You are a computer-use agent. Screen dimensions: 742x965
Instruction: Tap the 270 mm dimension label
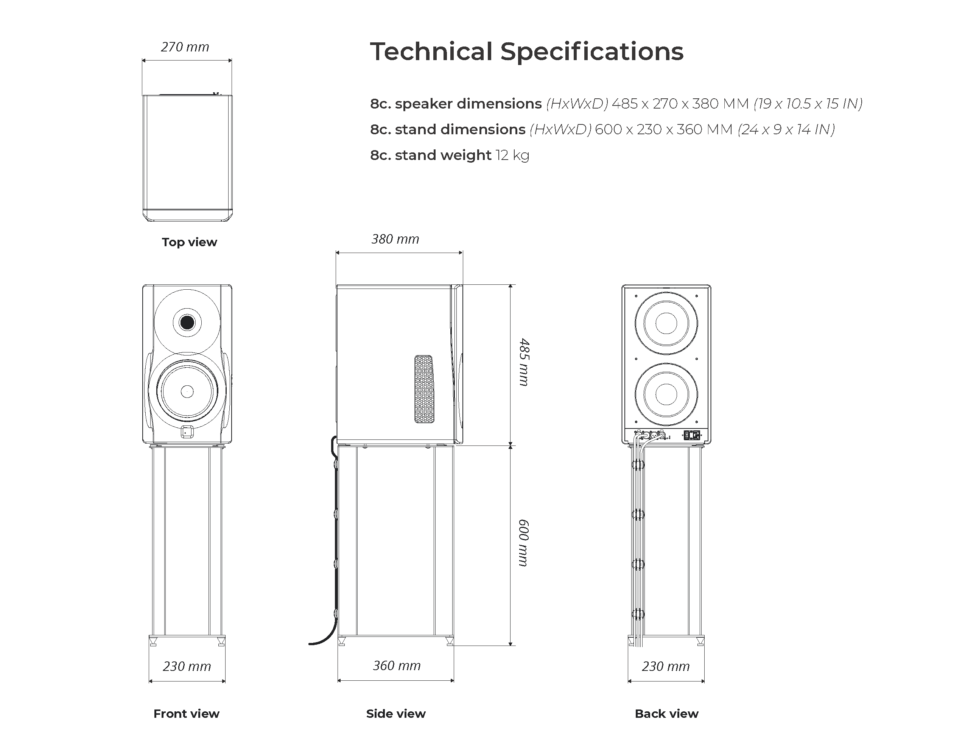[185, 47]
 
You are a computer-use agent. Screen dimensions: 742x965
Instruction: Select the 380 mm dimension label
[395, 239]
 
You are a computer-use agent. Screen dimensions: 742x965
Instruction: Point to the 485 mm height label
[524, 362]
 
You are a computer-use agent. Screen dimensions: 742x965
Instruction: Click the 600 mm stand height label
[524, 543]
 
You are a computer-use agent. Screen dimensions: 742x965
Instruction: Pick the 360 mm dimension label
[396, 665]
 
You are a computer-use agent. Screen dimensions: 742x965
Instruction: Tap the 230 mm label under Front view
[187, 666]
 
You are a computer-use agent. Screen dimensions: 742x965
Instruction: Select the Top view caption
[189, 242]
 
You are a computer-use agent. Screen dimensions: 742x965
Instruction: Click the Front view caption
[186, 714]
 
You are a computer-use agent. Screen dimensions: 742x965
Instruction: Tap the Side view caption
[395, 714]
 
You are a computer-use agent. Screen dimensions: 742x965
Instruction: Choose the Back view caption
[666, 714]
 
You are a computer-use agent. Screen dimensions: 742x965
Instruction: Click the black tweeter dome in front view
[187, 323]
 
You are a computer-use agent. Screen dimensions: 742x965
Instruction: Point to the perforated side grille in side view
[424, 389]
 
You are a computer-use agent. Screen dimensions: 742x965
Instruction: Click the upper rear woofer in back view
[666, 323]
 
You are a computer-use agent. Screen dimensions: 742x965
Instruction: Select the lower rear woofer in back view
[666, 394]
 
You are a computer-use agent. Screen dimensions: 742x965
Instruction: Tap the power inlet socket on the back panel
[692, 436]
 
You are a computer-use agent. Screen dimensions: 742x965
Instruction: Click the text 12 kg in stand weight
[512, 155]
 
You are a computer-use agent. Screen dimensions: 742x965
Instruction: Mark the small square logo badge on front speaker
[187, 432]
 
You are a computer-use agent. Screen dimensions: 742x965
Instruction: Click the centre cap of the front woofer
[187, 391]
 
